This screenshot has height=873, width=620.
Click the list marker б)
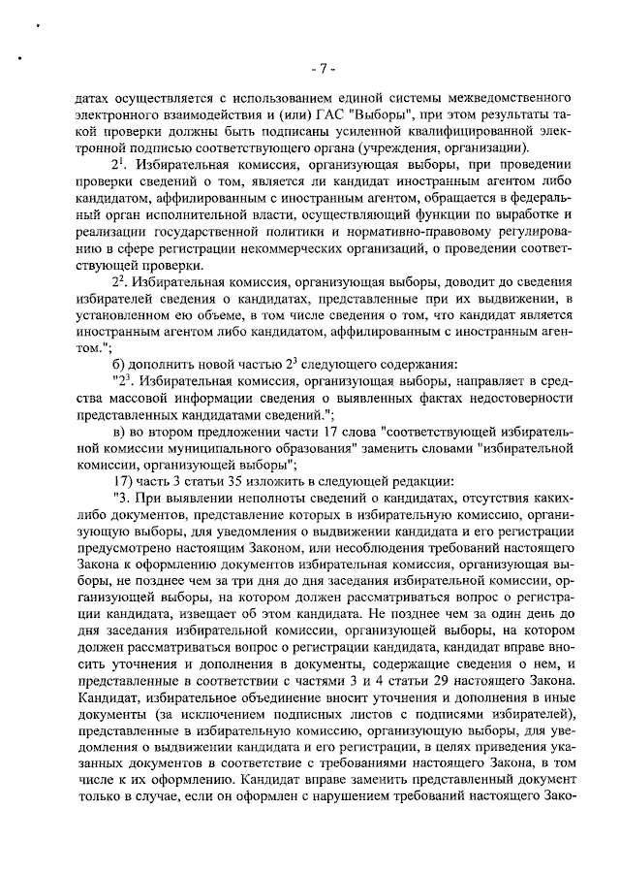(121, 364)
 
